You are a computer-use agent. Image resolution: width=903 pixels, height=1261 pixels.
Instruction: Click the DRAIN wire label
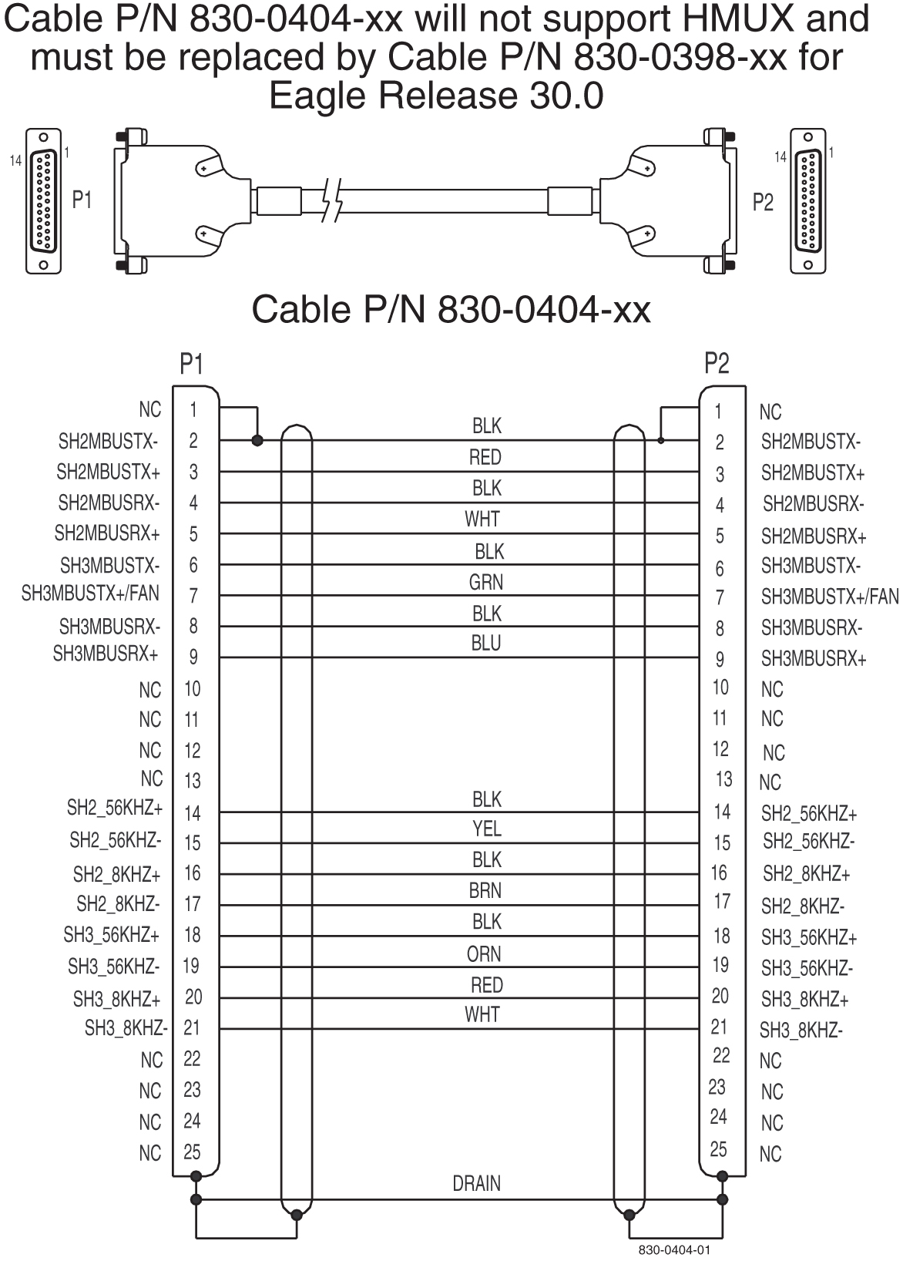[476, 1183]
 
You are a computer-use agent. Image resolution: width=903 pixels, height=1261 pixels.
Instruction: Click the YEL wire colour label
[486, 829]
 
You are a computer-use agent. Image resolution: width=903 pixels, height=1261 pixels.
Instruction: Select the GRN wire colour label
[485, 582]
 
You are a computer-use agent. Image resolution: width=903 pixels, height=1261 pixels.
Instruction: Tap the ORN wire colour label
[483, 953]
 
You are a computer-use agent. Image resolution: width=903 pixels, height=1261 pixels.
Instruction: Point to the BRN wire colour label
[485, 891]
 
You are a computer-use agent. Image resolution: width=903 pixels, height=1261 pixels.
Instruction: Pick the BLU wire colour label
[485, 644]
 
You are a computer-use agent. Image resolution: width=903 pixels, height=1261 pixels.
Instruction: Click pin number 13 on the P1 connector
[192, 781]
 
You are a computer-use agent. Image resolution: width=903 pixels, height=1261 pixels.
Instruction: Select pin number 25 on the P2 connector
[718, 1149]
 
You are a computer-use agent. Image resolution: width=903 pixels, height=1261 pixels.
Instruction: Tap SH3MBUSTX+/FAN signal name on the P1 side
[90, 594]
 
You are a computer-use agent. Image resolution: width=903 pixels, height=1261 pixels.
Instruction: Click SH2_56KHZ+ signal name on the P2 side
[809, 813]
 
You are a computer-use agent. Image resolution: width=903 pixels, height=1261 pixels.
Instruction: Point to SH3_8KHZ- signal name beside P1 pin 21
[126, 1027]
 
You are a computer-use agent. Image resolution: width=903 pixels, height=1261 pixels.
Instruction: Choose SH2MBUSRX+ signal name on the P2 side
[814, 536]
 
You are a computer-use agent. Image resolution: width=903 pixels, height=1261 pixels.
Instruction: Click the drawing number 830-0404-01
[670, 1249]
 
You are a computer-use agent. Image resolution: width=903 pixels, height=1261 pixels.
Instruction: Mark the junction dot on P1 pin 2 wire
[257, 441]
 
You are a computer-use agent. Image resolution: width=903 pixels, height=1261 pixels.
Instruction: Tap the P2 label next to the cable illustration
[762, 202]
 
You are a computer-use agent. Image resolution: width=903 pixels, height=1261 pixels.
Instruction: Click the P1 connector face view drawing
[44, 200]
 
